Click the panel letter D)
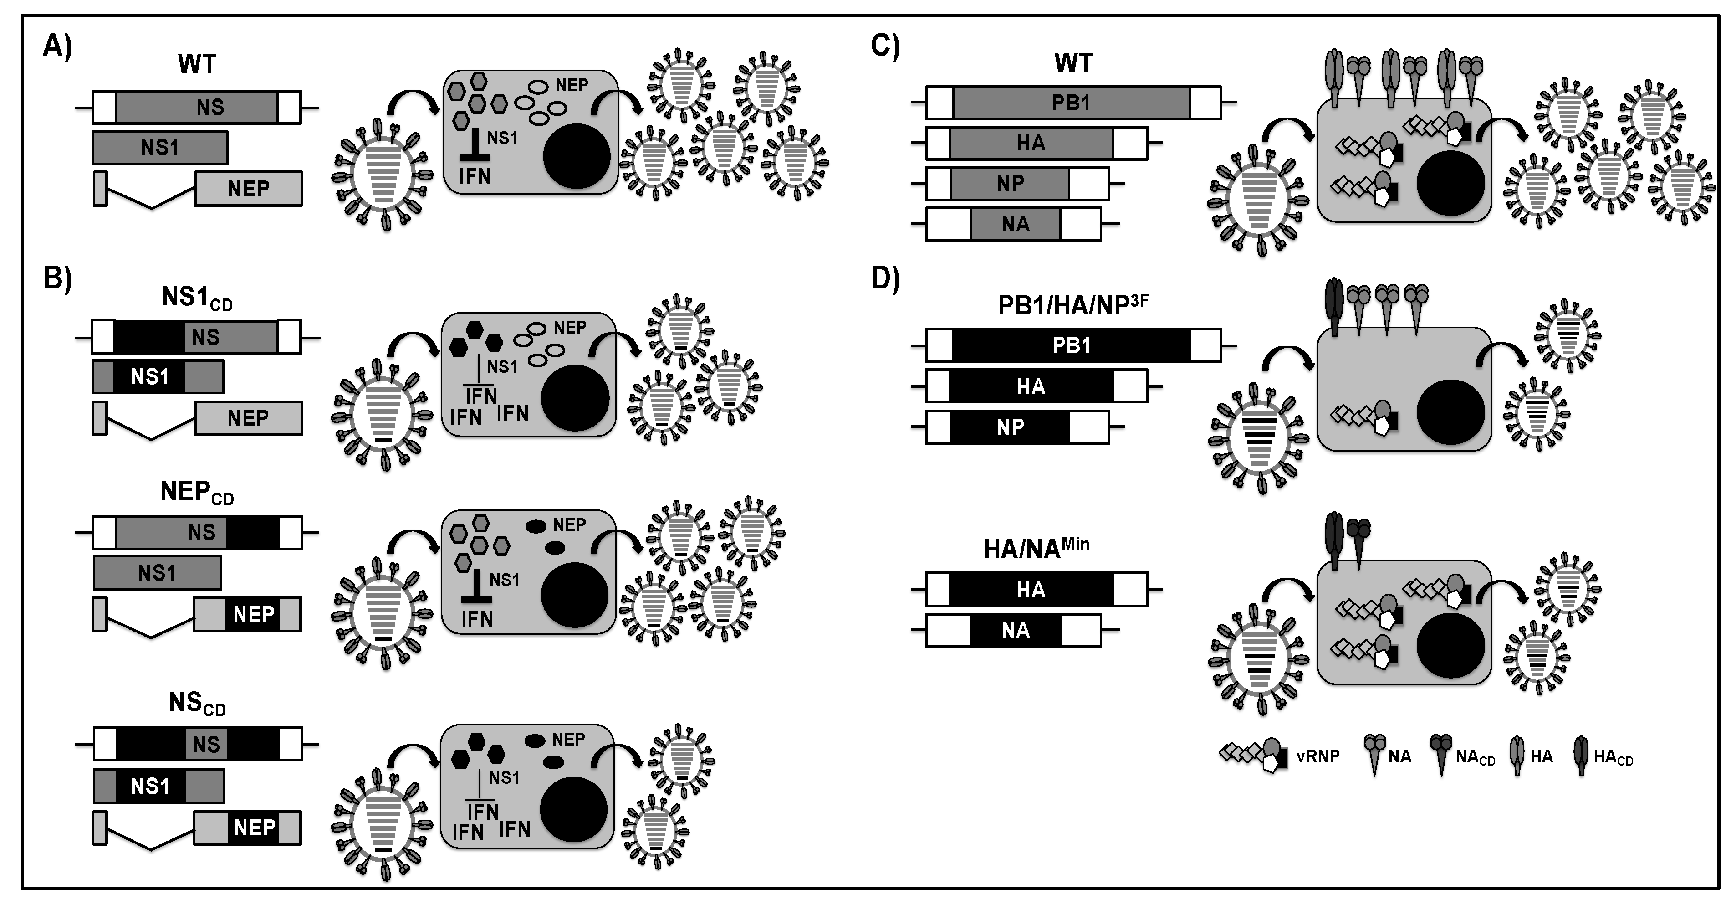pyautogui.click(x=885, y=278)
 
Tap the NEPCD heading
pyautogui.click(x=196, y=493)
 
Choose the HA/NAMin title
pyautogui.click(x=1036, y=548)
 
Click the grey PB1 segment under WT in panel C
pyautogui.click(x=1071, y=103)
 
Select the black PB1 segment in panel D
pyautogui.click(x=1071, y=345)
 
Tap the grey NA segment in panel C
pyautogui.click(x=1015, y=224)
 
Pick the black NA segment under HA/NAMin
pyautogui.click(x=1015, y=631)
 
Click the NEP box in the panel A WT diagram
pyautogui.click(x=248, y=189)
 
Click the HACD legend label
pyautogui.click(x=1612, y=758)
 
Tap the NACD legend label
pyautogui.click(x=1475, y=758)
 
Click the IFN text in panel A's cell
pyautogui.click(x=475, y=177)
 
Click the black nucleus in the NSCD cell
pyautogui.click(x=573, y=811)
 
